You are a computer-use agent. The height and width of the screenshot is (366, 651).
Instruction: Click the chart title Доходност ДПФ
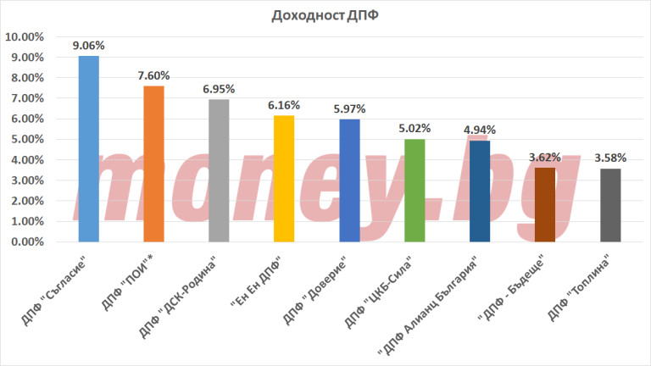point(325,16)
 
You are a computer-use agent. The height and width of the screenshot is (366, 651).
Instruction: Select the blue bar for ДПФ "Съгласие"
point(88,148)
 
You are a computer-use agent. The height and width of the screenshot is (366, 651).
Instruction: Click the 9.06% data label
point(88,47)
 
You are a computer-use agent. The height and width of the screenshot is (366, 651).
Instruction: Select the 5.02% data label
point(415,129)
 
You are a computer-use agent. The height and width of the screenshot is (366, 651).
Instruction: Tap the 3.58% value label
point(610,158)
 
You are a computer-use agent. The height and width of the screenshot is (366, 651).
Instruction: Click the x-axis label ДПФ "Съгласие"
point(63,283)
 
